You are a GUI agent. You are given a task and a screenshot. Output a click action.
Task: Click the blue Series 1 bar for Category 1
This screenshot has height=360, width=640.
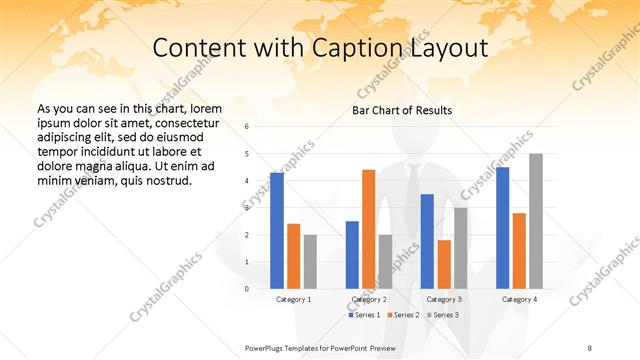(277, 230)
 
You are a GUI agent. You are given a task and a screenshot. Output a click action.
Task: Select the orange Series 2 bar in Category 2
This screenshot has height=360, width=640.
(369, 228)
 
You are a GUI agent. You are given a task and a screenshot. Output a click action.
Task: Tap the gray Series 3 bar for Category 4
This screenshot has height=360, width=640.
(536, 221)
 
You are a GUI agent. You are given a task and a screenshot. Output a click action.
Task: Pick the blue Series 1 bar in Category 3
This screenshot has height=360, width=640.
(428, 241)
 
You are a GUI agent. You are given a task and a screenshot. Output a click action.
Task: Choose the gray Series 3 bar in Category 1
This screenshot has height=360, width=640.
(310, 261)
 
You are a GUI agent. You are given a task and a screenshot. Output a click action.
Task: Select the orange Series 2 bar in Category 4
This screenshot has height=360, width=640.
(519, 250)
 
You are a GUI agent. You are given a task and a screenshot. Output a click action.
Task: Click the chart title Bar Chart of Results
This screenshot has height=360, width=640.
(402, 110)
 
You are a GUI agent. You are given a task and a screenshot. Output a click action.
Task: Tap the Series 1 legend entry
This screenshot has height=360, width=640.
(365, 315)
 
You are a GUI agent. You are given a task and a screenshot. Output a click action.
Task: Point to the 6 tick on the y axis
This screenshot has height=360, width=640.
(247, 127)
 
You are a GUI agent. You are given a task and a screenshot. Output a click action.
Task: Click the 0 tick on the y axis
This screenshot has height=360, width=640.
(247, 288)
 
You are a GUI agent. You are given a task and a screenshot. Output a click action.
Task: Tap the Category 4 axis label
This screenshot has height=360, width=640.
(519, 299)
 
